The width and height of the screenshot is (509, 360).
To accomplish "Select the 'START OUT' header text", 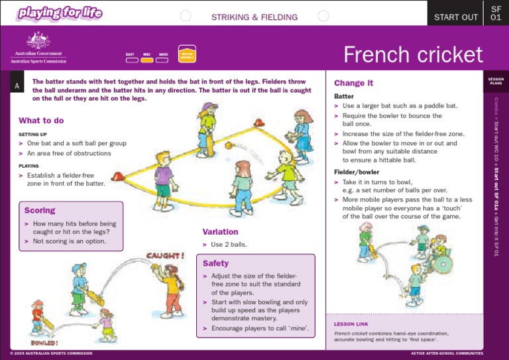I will pos(455,17).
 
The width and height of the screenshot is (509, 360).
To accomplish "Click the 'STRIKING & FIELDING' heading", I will pos(254,17).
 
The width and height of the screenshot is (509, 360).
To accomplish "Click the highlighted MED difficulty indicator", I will pos(147,60).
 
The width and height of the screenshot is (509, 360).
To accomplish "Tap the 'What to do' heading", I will pos(41,121).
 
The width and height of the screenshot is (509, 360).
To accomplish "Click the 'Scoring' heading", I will pos(39,211).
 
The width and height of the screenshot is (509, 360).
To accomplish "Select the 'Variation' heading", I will pos(220,232).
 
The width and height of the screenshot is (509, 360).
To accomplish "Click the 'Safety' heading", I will pos(215,263).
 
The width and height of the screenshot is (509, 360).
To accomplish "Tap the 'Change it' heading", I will pos(353,84).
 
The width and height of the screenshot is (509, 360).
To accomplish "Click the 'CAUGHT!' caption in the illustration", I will pos(166,255).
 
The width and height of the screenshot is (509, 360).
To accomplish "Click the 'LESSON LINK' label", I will pos(351,324).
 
